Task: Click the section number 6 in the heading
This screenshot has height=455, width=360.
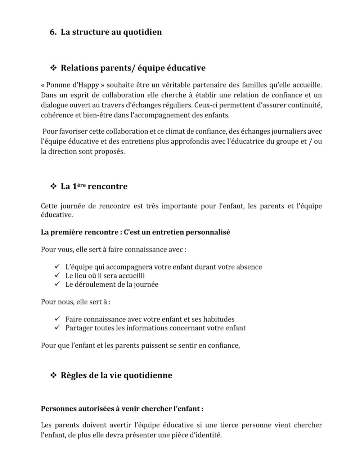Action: click(x=52, y=32)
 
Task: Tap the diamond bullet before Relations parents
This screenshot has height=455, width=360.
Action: click(x=54, y=68)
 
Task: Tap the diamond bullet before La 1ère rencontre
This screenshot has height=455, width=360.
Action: click(x=54, y=186)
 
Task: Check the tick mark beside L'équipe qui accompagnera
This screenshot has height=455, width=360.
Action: click(x=57, y=267)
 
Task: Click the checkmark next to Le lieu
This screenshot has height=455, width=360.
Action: click(x=57, y=275)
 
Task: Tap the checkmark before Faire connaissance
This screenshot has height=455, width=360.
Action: click(x=57, y=319)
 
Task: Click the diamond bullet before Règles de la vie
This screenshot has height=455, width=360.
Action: click(x=54, y=375)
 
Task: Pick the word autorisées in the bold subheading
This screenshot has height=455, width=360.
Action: click(x=94, y=409)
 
